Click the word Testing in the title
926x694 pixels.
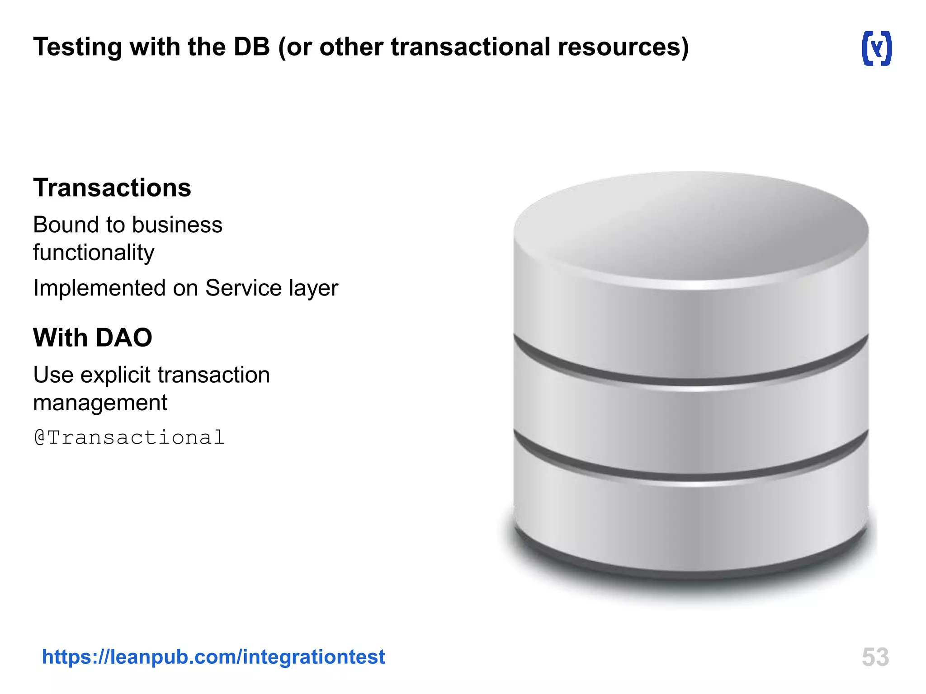77,47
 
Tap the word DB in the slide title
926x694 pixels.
251,47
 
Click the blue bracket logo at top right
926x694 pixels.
877,48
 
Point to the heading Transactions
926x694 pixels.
112,188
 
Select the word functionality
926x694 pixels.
94,253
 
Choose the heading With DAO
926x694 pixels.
93,338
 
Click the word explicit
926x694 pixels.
115,375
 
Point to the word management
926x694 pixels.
100,403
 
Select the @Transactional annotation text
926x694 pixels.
130,437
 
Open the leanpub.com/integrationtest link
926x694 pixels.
213,656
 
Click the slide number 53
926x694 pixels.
875,657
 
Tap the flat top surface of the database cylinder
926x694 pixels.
691,226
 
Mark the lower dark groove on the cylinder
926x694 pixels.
691,471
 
